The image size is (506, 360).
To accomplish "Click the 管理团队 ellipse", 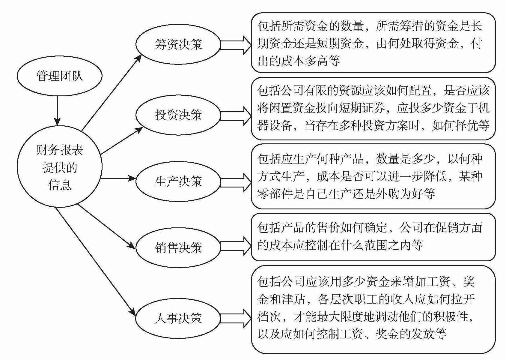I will pos(59,76).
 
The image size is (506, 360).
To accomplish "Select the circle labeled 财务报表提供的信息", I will pos(59,166).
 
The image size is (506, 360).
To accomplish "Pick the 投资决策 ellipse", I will pos(178,115).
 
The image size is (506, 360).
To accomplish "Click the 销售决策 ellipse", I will pos(178,248).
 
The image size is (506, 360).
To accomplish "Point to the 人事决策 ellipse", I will pos(178,318).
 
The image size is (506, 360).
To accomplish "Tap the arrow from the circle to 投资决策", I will pos(121,141).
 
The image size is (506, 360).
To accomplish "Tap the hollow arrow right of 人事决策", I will pos(236,318).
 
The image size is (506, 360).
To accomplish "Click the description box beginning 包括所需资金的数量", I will pos(373,43).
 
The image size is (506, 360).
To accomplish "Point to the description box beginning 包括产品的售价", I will pos(373,237).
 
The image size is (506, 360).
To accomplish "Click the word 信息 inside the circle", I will pos(60,184).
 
